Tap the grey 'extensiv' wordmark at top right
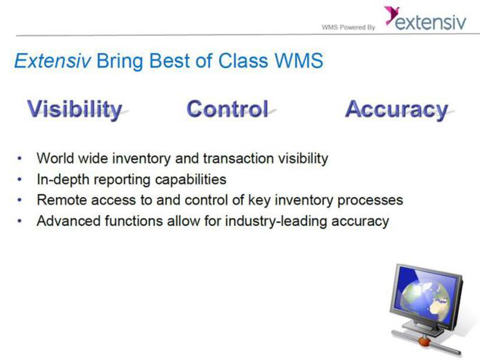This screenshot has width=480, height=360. (x=430, y=22)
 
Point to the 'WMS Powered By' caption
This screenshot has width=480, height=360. (x=349, y=27)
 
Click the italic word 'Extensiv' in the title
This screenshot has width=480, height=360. (x=53, y=60)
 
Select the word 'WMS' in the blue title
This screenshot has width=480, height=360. (x=299, y=60)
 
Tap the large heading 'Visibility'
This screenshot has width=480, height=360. (x=75, y=110)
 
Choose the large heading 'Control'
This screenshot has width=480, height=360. (x=228, y=109)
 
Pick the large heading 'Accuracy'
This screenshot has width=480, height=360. (x=396, y=110)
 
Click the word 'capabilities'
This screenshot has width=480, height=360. (x=191, y=180)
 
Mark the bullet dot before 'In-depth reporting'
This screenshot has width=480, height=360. (x=20, y=179)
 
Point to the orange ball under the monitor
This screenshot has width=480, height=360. (x=424, y=341)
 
